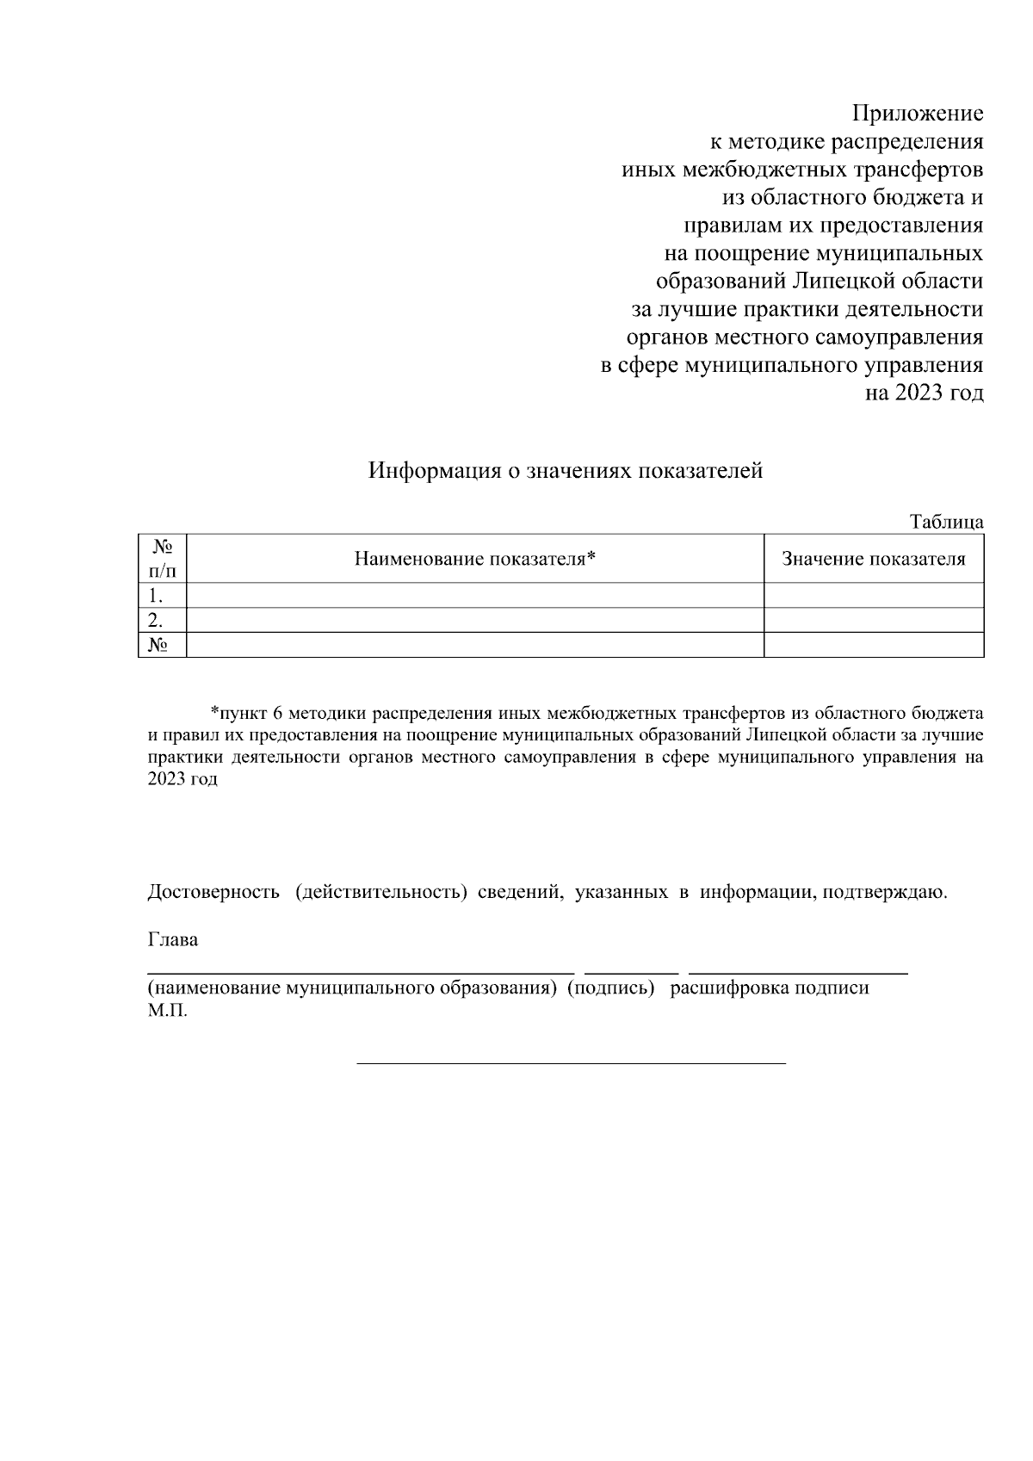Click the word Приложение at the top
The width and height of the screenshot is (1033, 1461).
pyautogui.click(x=918, y=114)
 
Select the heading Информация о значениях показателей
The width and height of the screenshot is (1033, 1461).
pyautogui.click(x=566, y=471)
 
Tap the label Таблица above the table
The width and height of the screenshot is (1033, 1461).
pyautogui.click(x=946, y=522)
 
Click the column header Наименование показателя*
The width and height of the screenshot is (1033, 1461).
pyautogui.click(x=475, y=559)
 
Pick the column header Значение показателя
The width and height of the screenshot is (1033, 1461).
pyautogui.click(x=873, y=559)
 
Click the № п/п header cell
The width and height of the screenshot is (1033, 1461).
pyautogui.click(x=163, y=559)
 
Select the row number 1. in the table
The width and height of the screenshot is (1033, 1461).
pyautogui.click(x=156, y=596)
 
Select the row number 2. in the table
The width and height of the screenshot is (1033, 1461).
pyautogui.click(x=156, y=620)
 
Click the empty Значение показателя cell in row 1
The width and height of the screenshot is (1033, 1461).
pyautogui.click(x=873, y=596)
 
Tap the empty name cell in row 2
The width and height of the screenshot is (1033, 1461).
pyautogui.click(x=475, y=620)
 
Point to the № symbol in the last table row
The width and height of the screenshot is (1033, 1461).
pyautogui.click(x=158, y=645)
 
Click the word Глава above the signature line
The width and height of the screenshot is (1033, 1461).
pyautogui.click(x=173, y=939)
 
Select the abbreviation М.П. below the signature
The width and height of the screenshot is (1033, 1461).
pyautogui.click(x=167, y=1010)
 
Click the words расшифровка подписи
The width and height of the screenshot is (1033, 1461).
pyautogui.click(x=770, y=987)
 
